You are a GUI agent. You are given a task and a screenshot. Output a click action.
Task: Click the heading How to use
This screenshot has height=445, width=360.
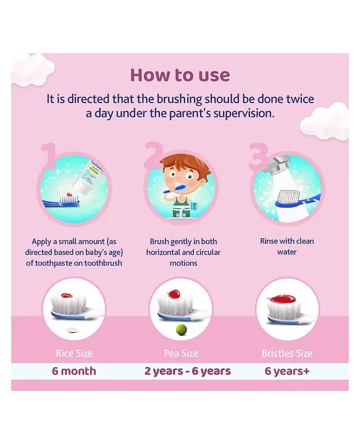180,75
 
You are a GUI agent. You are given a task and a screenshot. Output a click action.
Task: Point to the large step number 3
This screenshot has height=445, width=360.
259,156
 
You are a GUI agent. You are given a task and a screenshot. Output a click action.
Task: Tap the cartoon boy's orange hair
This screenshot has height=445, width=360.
185,164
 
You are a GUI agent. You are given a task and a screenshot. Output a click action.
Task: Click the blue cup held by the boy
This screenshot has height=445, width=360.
195,205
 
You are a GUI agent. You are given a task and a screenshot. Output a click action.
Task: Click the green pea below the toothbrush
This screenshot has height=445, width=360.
182,330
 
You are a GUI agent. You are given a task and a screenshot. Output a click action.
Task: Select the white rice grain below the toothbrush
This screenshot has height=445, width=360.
72,330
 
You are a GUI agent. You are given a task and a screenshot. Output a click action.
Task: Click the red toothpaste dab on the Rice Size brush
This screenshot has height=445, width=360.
67,295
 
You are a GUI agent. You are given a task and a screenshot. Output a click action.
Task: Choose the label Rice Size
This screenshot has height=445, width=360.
74,354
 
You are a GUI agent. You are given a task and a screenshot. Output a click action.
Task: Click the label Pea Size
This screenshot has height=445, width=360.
181,354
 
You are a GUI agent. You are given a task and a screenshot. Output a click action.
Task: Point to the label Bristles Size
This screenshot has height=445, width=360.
287,354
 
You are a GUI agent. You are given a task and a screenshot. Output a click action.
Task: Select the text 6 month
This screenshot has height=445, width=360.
74,371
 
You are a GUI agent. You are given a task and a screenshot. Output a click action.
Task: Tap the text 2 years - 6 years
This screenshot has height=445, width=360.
188,371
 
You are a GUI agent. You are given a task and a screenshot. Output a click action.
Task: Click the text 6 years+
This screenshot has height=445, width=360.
287,371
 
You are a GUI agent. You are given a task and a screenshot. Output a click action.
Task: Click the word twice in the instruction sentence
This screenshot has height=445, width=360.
300,99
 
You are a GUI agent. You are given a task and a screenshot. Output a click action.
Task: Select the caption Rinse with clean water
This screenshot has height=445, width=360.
287,247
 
